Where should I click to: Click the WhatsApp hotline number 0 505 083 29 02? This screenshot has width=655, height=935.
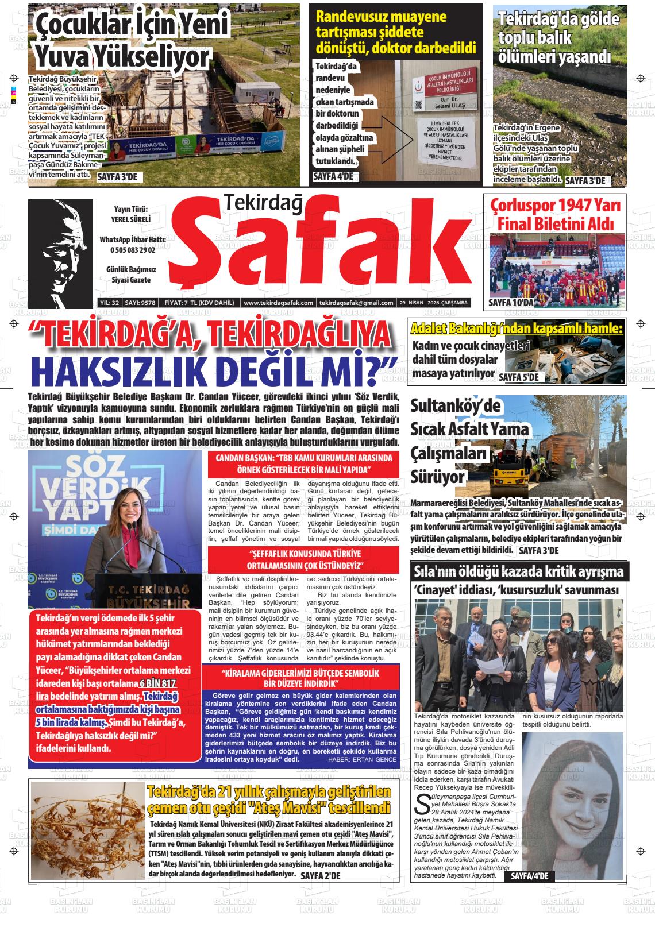[x=133, y=250]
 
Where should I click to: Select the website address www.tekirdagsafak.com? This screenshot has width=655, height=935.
[x=278, y=303]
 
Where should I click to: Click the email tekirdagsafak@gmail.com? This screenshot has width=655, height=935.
[x=356, y=303]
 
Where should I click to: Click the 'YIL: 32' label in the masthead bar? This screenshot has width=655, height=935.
[x=109, y=303]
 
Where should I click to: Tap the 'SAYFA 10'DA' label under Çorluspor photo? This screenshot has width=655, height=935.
[x=511, y=302]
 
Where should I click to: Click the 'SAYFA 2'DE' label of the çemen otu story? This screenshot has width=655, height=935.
[x=321, y=875]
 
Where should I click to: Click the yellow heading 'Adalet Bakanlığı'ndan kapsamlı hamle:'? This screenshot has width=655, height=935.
[x=516, y=329]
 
